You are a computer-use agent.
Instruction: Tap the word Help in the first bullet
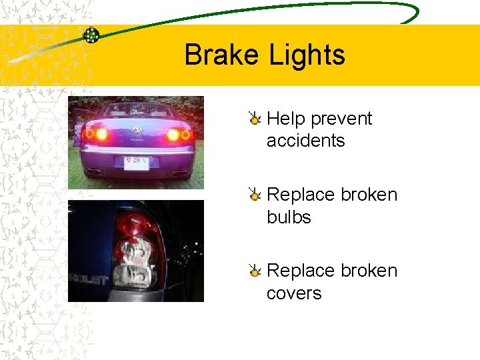(x=286, y=119)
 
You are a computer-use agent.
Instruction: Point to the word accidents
(x=305, y=141)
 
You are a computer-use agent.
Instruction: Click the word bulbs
(x=289, y=217)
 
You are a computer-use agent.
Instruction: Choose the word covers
(x=294, y=293)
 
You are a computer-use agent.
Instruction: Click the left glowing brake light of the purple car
(x=101, y=134)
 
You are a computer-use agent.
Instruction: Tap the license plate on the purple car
(x=137, y=162)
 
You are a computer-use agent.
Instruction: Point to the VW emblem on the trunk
(x=138, y=129)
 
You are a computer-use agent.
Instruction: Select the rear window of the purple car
(x=137, y=111)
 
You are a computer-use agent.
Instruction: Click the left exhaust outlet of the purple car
(x=95, y=171)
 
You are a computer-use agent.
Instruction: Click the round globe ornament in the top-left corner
(x=91, y=35)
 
